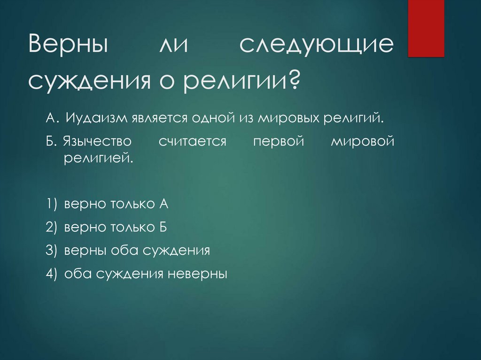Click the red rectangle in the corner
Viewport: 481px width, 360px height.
tap(426, 28)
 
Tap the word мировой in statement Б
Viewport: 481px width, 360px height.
tap(362, 142)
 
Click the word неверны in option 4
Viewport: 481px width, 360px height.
tap(197, 274)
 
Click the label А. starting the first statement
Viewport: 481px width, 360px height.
tap(51, 117)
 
